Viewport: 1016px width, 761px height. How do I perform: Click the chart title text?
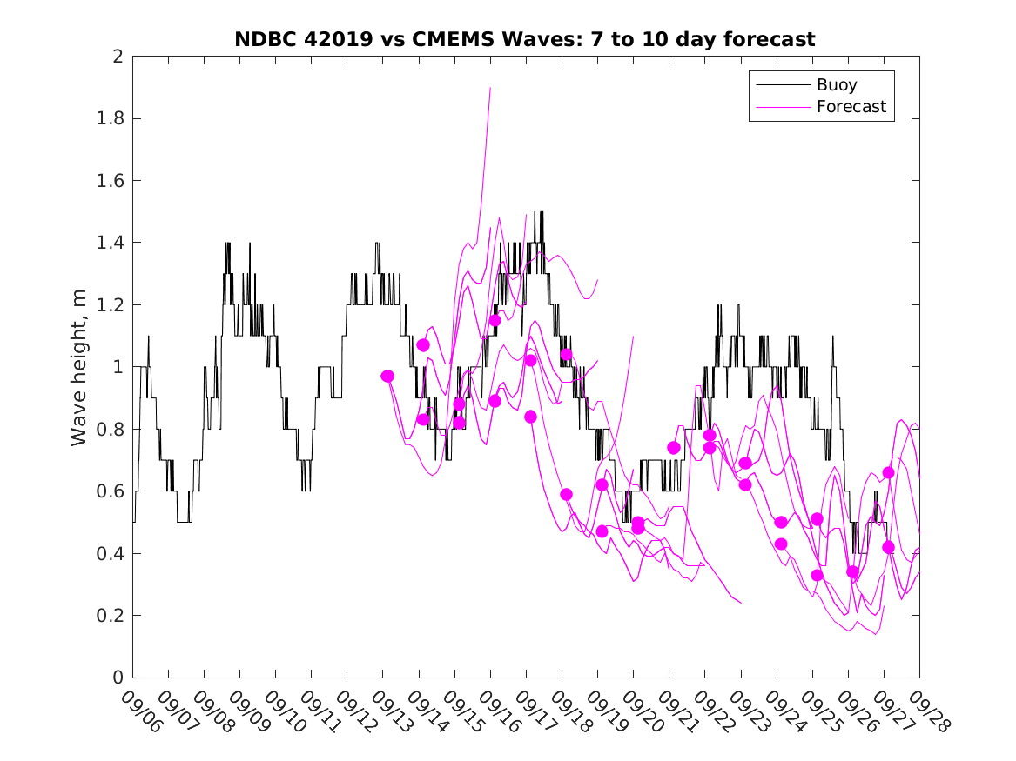(525, 39)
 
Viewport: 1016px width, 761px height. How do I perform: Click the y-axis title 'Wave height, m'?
(79, 368)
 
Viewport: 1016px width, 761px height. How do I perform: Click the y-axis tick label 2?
(118, 57)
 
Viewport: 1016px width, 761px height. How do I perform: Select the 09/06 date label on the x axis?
(140, 712)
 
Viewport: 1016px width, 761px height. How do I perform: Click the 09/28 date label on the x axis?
(927, 712)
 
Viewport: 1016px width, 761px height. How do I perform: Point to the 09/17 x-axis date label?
(534, 712)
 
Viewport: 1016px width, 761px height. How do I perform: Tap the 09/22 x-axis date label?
(713, 712)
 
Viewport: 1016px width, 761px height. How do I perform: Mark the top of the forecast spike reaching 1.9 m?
(490, 88)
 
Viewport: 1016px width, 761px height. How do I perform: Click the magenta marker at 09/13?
(387, 376)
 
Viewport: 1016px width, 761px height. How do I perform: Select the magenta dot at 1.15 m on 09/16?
(495, 320)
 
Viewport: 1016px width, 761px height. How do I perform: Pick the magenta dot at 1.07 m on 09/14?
(423, 345)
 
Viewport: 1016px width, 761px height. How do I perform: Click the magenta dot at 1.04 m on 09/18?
(566, 354)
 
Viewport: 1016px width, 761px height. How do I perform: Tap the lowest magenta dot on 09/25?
(817, 575)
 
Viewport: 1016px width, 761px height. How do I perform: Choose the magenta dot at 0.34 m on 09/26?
(852, 571)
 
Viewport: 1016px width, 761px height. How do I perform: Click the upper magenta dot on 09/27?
(888, 472)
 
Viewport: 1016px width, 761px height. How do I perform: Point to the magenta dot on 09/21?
(673, 447)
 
